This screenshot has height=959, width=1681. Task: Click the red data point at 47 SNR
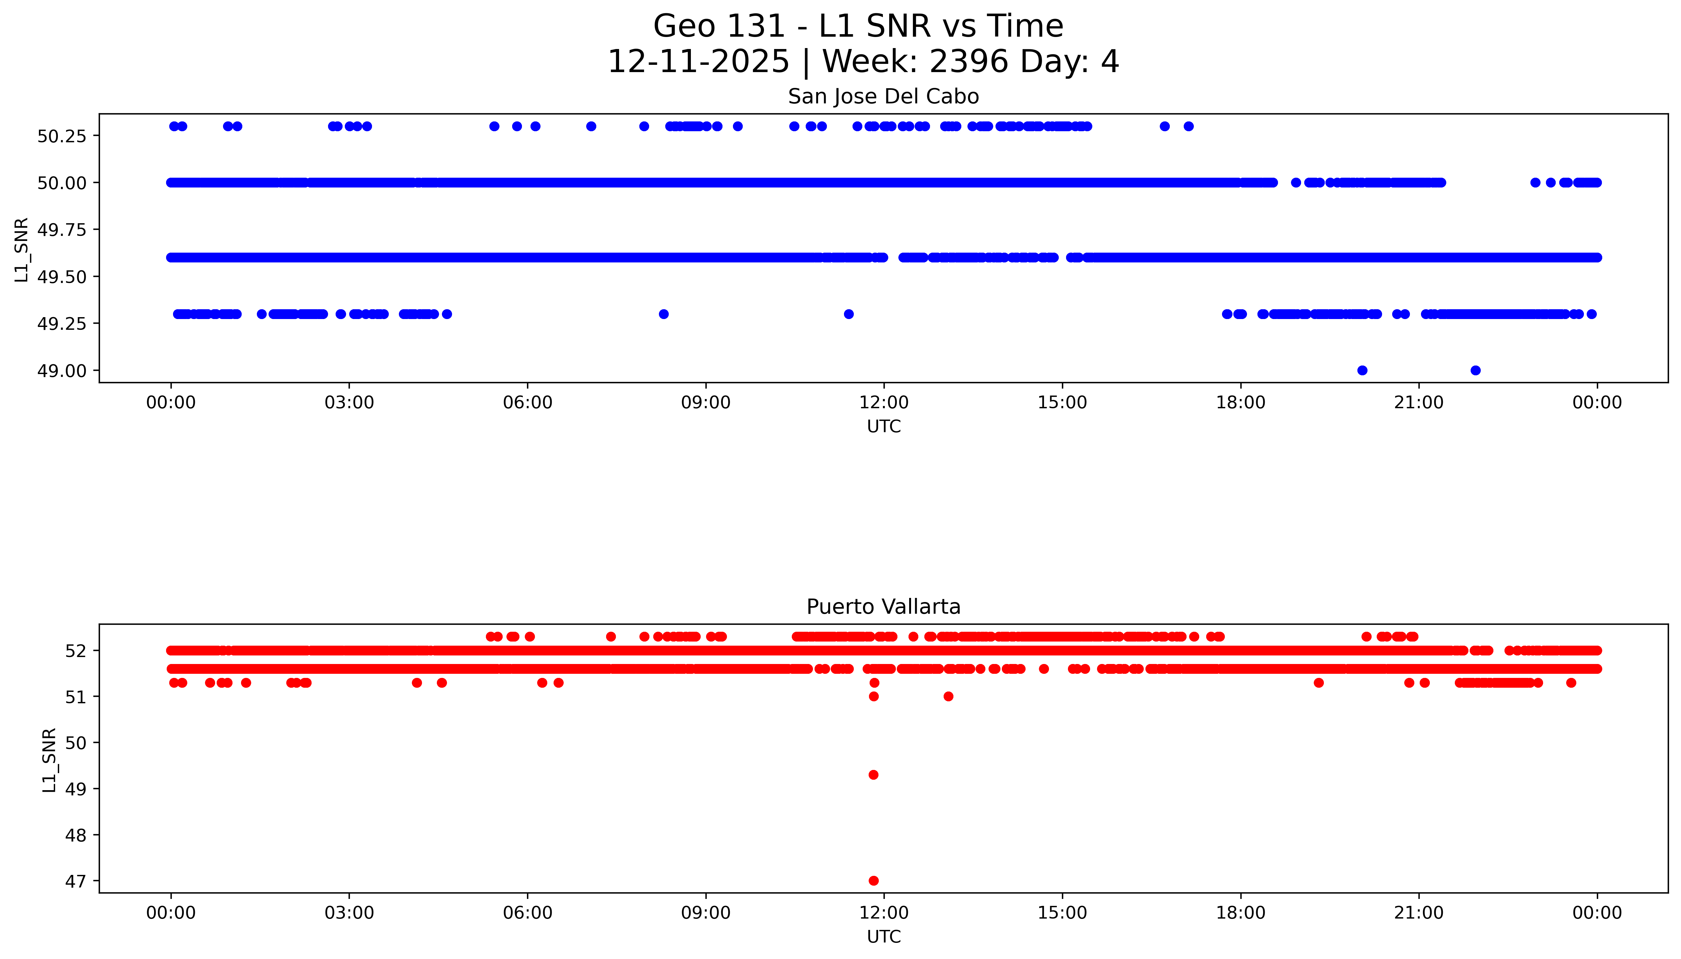(873, 881)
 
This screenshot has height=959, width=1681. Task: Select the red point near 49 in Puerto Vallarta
(873, 775)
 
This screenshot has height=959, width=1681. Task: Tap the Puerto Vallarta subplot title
(883, 607)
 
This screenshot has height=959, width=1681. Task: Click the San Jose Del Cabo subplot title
(883, 97)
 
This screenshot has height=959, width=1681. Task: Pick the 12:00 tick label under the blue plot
(884, 403)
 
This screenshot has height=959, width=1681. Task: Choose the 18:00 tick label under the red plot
(1240, 913)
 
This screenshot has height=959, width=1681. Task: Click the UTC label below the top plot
(884, 427)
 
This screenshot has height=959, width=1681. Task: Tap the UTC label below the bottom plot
(884, 937)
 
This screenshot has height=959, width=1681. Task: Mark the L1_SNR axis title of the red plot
(49, 760)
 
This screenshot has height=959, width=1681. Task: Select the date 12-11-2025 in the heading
(698, 62)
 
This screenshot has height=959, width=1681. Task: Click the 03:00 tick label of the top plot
(349, 403)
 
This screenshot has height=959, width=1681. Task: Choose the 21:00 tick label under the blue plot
(1419, 403)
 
